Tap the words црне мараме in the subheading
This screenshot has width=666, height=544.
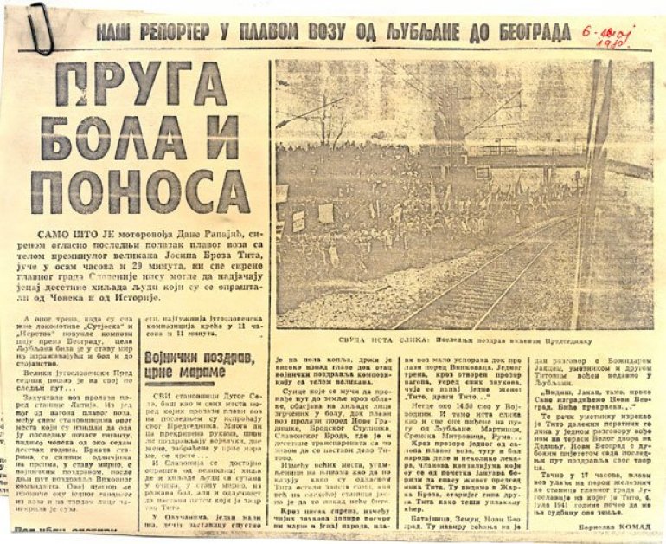point(195,368)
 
